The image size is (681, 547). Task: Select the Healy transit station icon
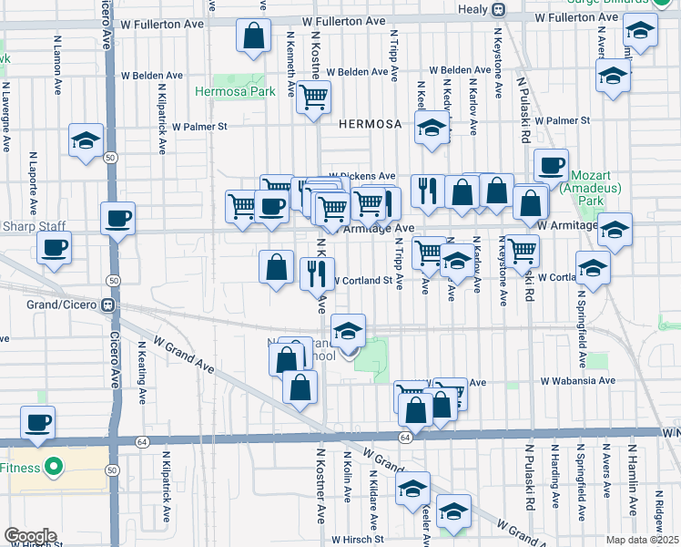(498, 9)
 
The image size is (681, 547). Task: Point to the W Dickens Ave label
(362, 176)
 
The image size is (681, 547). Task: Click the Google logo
(30, 536)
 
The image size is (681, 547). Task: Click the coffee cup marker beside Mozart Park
(551, 166)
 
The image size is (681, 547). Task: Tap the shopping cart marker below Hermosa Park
(314, 98)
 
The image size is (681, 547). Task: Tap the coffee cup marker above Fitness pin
(38, 422)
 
